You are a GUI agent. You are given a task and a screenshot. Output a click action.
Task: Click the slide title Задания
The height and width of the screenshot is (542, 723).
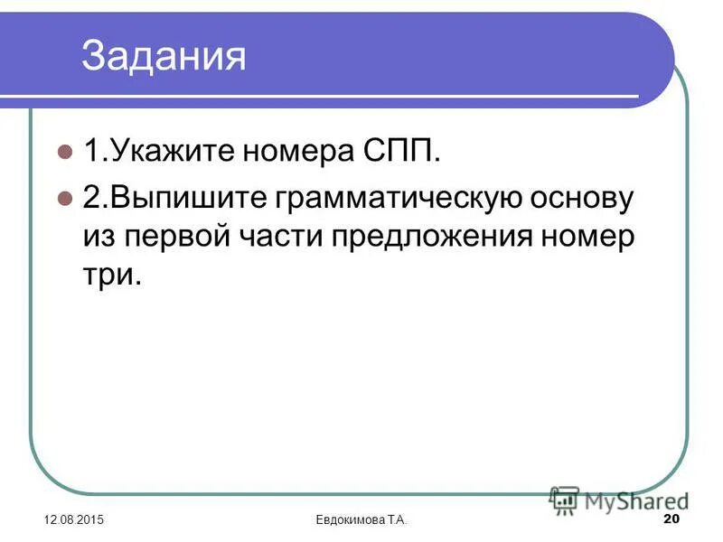[164, 55]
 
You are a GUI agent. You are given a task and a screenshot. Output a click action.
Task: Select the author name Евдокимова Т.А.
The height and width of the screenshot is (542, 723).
[361, 519]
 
